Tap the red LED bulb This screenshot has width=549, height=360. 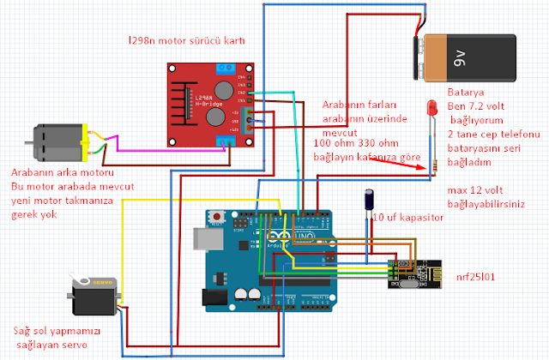pos(431,109)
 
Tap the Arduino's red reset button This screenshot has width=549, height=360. pos(220,215)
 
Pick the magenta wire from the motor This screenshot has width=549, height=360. pos(163,149)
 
